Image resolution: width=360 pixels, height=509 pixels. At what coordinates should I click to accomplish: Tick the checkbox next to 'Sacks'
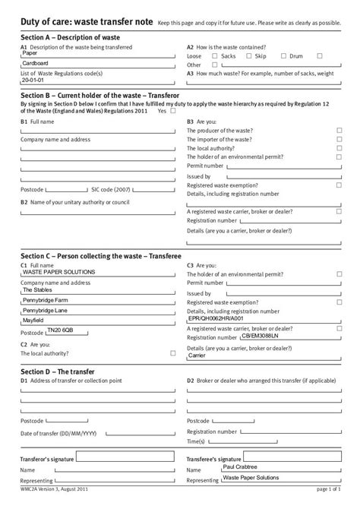coord(215,56)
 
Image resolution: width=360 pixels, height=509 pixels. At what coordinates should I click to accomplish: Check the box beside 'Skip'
coord(250,56)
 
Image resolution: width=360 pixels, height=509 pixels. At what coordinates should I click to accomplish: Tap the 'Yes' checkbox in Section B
coord(173,111)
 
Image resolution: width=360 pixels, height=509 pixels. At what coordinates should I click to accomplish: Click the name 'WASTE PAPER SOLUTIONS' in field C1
coord(59,271)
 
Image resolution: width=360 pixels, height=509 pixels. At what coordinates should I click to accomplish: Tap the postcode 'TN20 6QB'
coord(61,330)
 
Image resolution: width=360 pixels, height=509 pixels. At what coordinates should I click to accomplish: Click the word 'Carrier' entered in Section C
coord(197,355)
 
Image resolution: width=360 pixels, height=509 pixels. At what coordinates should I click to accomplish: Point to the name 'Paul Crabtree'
coord(241,467)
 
